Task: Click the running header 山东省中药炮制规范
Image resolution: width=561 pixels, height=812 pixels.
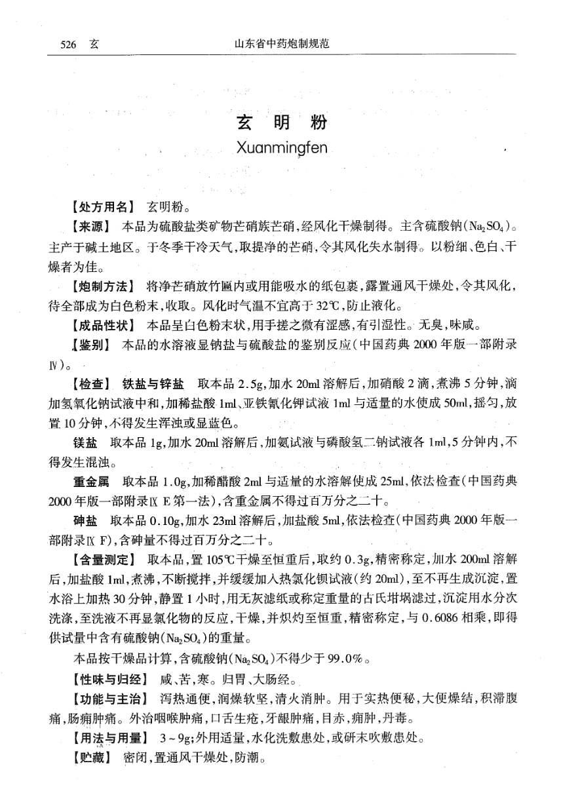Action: click(280, 45)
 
